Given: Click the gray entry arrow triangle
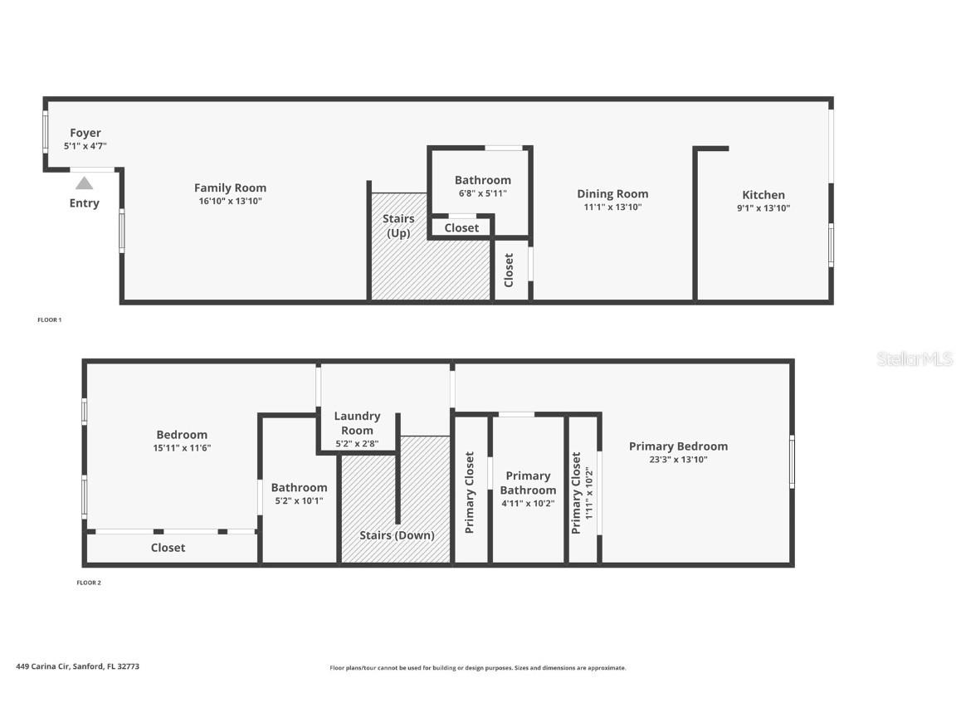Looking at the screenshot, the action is pos(84,183).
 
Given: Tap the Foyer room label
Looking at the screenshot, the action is pos(85,132).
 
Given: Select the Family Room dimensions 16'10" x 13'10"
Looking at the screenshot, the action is pos(231,201).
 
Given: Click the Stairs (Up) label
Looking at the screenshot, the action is pos(398,226).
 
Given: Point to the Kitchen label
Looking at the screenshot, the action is pos(763,194).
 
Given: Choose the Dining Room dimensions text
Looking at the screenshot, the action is pos(612,207).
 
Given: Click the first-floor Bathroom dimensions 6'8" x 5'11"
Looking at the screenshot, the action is pos(483,193).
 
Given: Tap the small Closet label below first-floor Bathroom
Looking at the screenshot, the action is pos(461,228).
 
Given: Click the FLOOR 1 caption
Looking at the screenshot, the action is pos(50,319).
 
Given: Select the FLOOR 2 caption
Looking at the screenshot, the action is pos(89,583).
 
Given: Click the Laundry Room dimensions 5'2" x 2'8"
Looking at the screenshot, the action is pos(358,444).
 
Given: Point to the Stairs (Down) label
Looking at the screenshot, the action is pos(397,535).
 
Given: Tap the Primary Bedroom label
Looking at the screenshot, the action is pos(679,446).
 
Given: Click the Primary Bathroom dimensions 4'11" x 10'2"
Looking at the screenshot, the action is pos(528,504).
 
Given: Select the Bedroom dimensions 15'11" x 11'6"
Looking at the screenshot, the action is pos(182,448).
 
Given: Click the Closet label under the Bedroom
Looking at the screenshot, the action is pos(168,548).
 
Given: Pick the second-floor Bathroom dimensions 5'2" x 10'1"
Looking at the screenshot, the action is pos(300,501).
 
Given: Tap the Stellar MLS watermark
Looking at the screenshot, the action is pos(915,358).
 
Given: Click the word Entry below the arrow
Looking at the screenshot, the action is pos(84,203).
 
